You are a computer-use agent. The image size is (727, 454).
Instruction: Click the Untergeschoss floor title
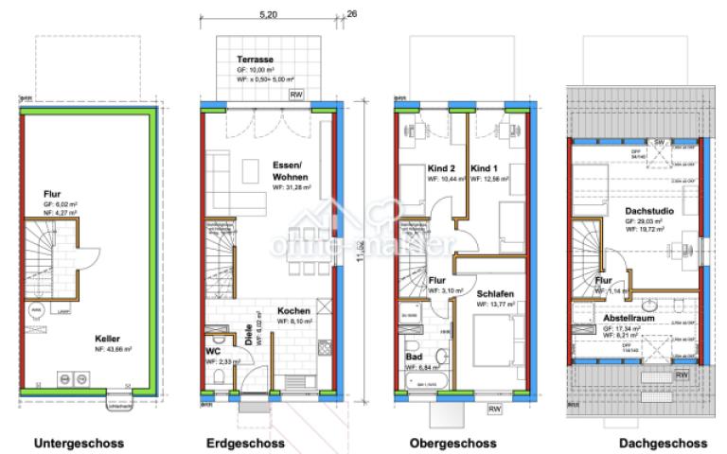[80, 443]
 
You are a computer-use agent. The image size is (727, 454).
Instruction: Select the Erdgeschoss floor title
[246, 443]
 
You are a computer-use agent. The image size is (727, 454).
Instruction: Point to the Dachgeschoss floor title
[663, 443]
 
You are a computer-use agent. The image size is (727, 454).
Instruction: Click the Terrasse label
[257, 59]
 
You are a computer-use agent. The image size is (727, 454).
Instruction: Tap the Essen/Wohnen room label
[291, 169]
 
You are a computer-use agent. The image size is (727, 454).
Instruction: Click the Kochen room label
[294, 311]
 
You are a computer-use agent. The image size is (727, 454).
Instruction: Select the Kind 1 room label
[486, 166]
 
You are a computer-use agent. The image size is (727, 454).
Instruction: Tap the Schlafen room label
[496, 294]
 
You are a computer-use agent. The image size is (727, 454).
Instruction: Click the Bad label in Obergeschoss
[414, 357]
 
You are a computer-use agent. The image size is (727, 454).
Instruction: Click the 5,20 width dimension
[268, 16]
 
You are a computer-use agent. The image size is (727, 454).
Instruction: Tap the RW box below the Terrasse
[296, 96]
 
